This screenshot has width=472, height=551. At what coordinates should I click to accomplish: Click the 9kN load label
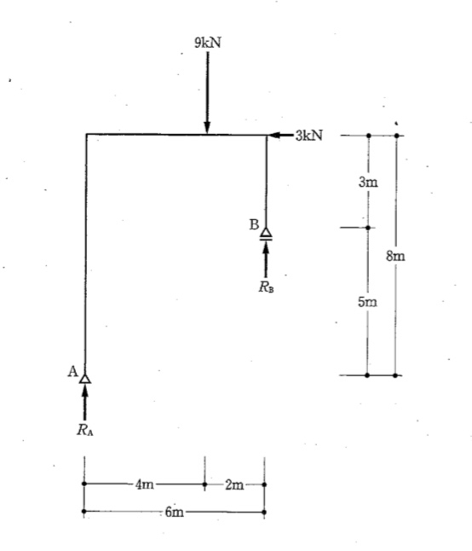[208, 43]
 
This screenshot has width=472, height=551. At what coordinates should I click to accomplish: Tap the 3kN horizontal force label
[308, 136]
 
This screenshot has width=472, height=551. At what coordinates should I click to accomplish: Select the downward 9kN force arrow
[207, 92]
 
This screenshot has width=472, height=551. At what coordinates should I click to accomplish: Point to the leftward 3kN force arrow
[280, 135]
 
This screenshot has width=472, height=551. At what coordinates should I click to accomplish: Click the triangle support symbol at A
[84, 379]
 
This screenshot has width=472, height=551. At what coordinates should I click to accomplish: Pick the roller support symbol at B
[266, 234]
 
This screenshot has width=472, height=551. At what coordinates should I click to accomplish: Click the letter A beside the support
[72, 371]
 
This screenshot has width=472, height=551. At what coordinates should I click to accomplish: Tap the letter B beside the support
[254, 224]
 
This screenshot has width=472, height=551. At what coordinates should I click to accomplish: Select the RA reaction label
[85, 429]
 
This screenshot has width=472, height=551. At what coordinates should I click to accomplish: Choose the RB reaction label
[267, 287]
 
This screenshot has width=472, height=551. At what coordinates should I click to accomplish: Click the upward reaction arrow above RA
[84, 403]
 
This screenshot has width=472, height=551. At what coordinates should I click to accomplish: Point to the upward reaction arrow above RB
[266, 259]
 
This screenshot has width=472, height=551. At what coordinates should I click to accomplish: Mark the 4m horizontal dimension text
[145, 484]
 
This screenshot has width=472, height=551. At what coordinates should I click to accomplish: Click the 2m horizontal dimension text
[234, 485]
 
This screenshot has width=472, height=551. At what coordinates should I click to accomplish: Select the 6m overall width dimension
[174, 512]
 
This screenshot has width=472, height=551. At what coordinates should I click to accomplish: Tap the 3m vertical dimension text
[368, 182]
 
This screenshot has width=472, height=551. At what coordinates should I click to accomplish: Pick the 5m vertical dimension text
[368, 302]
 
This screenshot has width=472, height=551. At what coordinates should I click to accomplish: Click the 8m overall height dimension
[395, 256]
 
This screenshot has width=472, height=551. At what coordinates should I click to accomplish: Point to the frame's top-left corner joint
[86, 134]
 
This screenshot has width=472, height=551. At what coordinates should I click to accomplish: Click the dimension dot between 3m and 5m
[368, 228]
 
